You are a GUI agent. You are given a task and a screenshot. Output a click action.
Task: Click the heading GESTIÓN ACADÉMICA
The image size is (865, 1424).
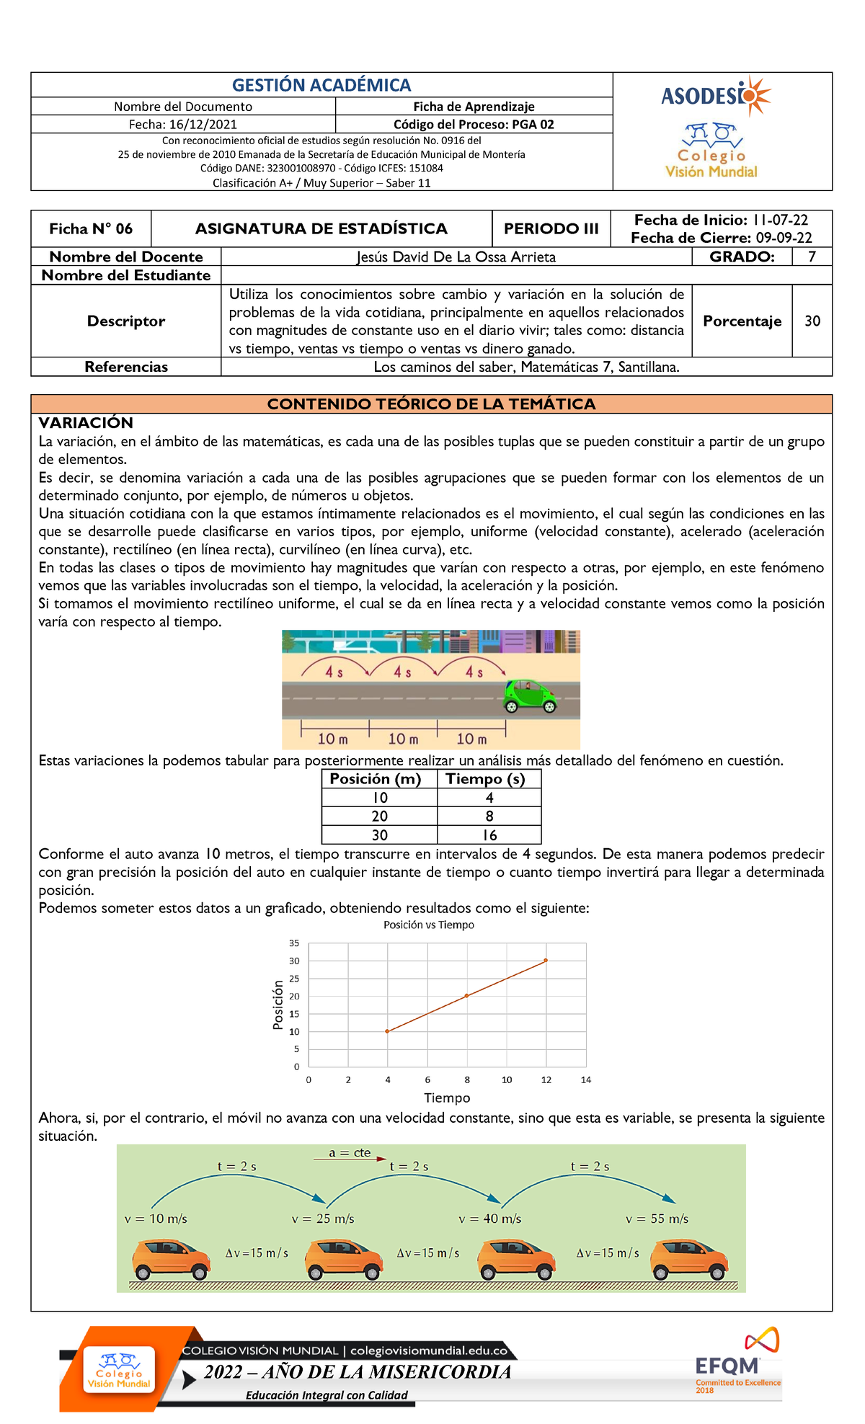(x=321, y=85)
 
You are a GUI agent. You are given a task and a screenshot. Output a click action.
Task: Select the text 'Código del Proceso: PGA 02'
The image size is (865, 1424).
(x=474, y=124)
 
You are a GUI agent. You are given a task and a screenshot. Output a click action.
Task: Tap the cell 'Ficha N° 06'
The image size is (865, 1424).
(x=91, y=228)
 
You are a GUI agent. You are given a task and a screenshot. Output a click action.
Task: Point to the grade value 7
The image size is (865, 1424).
(x=812, y=257)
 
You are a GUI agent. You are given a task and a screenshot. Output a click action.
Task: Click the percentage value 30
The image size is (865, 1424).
(x=812, y=321)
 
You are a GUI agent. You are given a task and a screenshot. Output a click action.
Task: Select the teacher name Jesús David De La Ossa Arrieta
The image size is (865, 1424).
(x=456, y=257)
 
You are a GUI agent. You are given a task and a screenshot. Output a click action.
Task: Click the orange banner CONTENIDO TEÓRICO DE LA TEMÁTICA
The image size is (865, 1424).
(x=431, y=404)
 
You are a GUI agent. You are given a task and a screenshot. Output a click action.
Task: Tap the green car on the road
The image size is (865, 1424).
(x=530, y=695)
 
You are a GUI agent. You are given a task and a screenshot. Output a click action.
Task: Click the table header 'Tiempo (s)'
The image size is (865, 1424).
(x=485, y=778)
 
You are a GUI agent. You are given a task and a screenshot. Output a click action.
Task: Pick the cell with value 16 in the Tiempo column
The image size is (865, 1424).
(x=489, y=835)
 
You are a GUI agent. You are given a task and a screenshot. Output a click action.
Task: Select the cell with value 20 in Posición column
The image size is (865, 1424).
(x=379, y=816)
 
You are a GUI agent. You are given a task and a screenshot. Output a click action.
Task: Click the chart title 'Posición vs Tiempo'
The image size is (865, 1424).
(x=429, y=925)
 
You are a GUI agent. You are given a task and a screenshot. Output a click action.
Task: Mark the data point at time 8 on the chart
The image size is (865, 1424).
(x=467, y=995)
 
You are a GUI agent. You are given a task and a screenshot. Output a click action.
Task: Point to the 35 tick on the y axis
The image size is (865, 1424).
(x=294, y=943)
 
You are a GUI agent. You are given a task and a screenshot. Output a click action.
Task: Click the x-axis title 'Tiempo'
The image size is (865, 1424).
(x=447, y=1098)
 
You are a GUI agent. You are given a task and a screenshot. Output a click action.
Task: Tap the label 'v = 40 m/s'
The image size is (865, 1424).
(x=490, y=1219)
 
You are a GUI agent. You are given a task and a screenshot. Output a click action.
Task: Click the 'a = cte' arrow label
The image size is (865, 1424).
(x=350, y=1152)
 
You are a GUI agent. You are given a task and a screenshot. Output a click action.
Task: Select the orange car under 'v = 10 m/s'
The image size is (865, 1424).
(x=171, y=1259)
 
